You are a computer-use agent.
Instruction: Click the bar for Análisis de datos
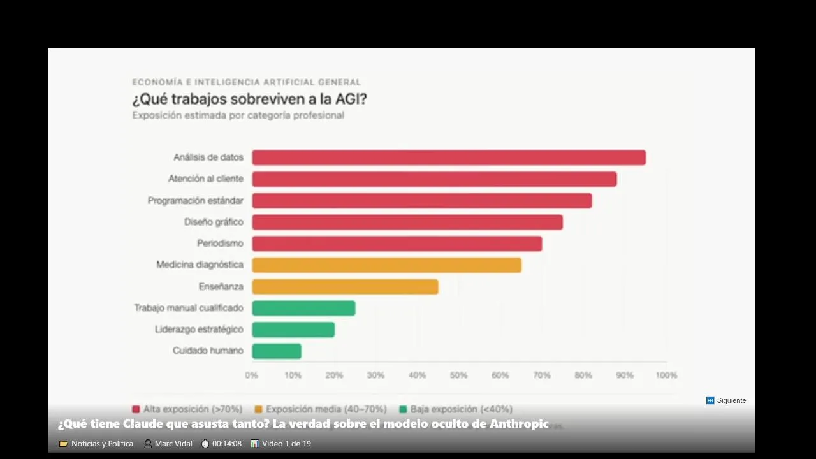click(448, 157)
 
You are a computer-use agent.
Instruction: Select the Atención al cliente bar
click(434, 179)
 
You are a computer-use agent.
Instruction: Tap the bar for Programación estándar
click(421, 201)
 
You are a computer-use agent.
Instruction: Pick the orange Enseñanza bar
click(345, 287)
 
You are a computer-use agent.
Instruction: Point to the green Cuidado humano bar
click(277, 351)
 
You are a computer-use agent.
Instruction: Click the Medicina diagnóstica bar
click(386, 265)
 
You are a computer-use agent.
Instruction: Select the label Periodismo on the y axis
click(220, 244)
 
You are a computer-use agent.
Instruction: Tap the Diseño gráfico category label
click(214, 222)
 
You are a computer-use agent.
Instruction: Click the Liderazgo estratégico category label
click(199, 330)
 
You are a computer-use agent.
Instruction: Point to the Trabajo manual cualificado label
click(189, 308)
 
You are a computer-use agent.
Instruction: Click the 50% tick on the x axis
click(458, 375)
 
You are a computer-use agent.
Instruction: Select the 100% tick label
click(666, 375)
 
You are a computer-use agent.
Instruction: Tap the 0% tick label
click(252, 375)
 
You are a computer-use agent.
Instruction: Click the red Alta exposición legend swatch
click(136, 409)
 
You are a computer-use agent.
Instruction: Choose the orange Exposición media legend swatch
click(258, 409)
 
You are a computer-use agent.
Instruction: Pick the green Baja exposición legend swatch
click(403, 409)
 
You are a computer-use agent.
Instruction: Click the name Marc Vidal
click(173, 444)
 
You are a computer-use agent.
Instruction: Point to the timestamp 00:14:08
click(227, 444)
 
